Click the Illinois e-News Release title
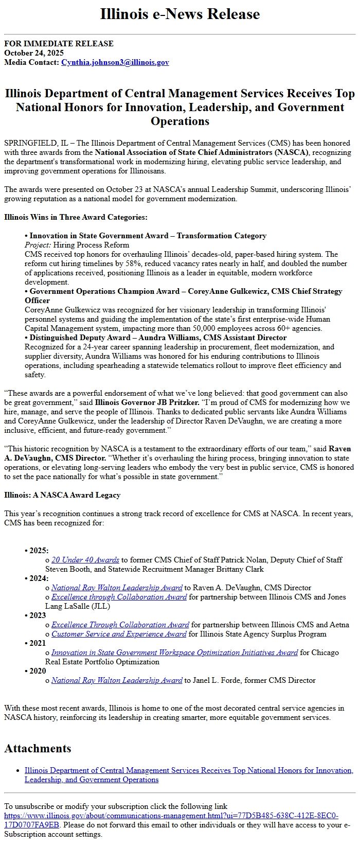(180, 14)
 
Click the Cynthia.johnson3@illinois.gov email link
(115, 62)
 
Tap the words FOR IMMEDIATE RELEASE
(59, 44)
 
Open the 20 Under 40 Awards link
(85, 560)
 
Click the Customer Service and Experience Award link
(118, 634)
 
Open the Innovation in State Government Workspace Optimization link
(174, 652)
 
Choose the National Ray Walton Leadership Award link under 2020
(117, 680)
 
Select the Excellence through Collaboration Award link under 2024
(119, 597)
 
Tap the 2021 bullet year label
(38, 643)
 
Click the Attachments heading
(38, 748)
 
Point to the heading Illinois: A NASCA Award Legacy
(62, 495)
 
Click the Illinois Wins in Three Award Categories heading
(76, 217)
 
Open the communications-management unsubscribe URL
(171, 816)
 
